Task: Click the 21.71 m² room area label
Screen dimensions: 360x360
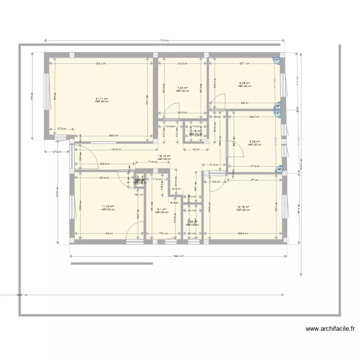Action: point(101,99)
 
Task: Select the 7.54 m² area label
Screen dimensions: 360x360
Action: point(181,88)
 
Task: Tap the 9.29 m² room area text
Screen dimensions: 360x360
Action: point(245,84)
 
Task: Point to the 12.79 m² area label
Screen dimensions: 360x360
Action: point(243,207)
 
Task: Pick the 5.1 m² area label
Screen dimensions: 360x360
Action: point(161,209)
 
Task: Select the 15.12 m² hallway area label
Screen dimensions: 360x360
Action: point(164,156)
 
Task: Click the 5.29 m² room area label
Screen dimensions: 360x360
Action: point(254,142)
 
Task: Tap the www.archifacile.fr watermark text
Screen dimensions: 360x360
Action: point(331,329)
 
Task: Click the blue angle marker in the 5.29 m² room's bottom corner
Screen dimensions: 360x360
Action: point(278,169)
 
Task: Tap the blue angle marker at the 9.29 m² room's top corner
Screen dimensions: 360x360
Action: point(277,60)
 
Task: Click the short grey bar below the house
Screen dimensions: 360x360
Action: point(111,264)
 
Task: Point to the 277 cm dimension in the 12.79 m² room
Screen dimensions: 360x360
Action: point(254,180)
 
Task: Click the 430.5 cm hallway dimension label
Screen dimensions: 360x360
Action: point(115,150)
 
